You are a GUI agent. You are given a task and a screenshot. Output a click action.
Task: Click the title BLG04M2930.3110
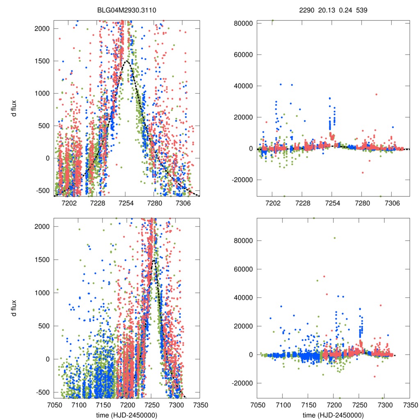pyautogui.click(x=127, y=10)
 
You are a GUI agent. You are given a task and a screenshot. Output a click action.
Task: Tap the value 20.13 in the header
pyautogui.click(x=325, y=10)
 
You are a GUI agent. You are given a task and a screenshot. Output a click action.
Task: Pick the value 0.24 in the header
pyautogui.click(x=342, y=10)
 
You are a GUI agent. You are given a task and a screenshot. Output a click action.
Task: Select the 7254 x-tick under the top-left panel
pyautogui.click(x=126, y=203)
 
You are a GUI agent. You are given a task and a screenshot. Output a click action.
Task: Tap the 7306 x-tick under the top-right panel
pyautogui.click(x=392, y=203)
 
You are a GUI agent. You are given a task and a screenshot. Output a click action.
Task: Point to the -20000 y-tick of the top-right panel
pyautogui.click(x=241, y=180)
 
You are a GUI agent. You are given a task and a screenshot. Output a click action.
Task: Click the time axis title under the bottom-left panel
pyautogui.click(x=127, y=415)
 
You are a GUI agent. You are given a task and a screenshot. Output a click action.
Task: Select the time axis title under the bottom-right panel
pyautogui.click(x=333, y=415)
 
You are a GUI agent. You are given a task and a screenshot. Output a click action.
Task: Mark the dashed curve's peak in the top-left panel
pyautogui.click(x=127, y=61)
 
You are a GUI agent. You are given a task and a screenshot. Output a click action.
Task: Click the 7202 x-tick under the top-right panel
pyautogui.click(x=272, y=203)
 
